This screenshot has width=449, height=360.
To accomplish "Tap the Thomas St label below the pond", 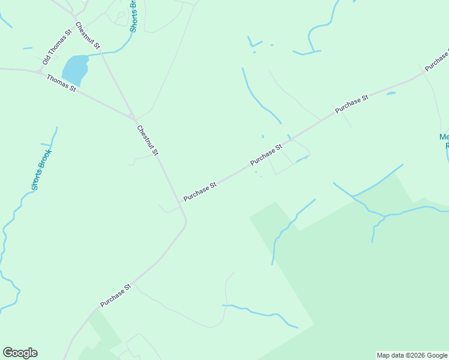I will point(61,83).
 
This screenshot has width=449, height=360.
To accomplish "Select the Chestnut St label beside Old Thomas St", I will point(88,36).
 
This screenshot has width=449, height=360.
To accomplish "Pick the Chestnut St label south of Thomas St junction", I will point(147,140).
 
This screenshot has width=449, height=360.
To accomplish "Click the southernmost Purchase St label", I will point(115,296).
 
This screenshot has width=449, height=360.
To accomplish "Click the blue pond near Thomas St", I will point(74,69).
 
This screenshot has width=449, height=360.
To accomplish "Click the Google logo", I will point(20,353).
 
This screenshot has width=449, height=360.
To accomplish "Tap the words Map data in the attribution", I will point(390,355).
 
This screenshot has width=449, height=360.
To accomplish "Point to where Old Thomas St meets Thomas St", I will point(40,72).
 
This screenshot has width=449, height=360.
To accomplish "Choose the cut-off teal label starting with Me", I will point(444,140).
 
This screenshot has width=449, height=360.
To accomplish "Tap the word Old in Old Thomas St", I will point(46,61).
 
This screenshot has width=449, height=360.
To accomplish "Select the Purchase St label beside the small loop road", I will point(267,155).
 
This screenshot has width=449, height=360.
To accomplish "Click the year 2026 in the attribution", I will point(415,355).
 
